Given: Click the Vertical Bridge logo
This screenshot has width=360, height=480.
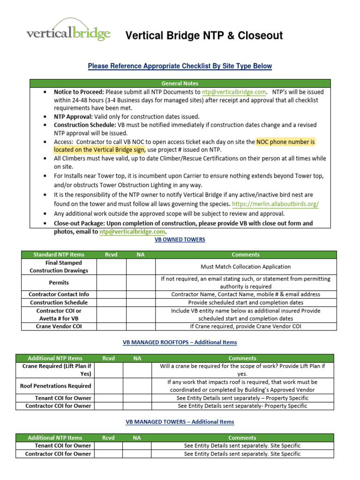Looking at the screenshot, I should coord(68,31).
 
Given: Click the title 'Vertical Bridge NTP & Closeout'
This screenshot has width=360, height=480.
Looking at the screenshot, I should coord(204,36).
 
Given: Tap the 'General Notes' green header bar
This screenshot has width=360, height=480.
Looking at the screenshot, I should coord(180,83).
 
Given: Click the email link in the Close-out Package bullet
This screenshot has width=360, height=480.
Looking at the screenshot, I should coord(133,232).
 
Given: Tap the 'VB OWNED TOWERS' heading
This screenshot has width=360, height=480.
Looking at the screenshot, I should coord(180,240).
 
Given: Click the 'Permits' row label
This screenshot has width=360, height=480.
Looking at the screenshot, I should coord(59,283).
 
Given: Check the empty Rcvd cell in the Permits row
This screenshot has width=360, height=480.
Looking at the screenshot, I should coord(111,283).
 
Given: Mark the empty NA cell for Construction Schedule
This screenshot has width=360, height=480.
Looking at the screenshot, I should coord(141,303).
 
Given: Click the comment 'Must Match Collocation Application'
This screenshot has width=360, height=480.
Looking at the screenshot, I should coord(246,267).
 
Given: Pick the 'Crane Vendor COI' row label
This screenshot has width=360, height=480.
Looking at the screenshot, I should coord(59,326).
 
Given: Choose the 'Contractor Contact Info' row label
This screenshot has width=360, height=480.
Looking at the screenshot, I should coord(59,294).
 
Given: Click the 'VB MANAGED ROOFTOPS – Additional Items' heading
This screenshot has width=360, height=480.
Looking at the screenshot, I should coord(180,343).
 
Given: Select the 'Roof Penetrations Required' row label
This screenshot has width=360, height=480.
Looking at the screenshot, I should coord(55,386).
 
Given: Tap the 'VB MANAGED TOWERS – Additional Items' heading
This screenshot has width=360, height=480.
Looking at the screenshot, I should coord(180,422).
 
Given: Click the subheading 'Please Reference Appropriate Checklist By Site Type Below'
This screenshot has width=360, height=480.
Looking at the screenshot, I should coord(180,66).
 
